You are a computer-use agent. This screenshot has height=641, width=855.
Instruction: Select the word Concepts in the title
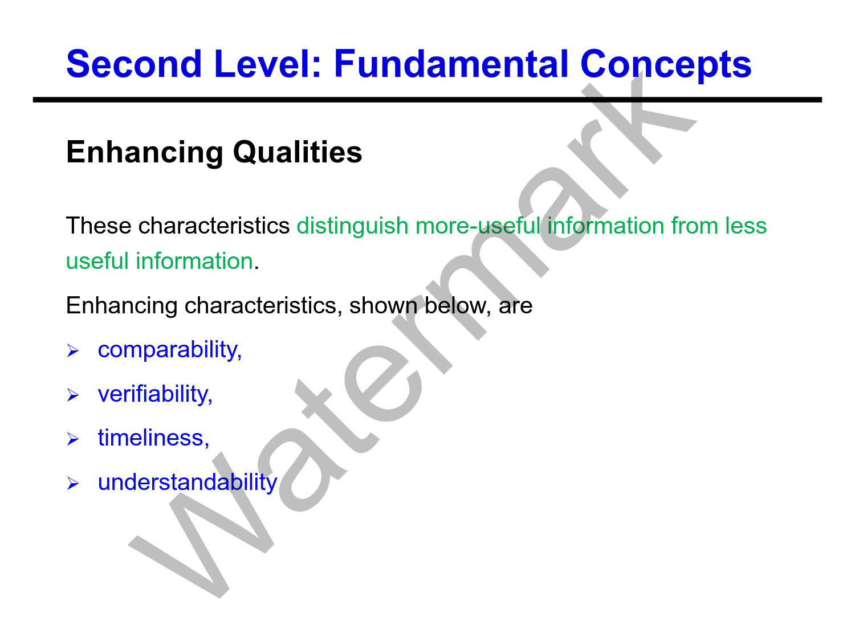point(666,65)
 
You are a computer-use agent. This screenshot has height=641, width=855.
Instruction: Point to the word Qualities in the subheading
point(298,153)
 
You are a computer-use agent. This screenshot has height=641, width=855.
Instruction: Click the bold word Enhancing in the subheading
point(145,153)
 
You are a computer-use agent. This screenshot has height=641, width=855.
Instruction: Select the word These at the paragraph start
point(99,226)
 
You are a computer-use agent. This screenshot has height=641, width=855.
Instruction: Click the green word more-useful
point(478,226)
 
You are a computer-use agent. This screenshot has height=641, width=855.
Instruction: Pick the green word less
point(746,226)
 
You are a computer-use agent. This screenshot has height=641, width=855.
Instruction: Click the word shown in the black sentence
point(383,305)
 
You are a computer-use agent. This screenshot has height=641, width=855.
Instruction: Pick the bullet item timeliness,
point(153,438)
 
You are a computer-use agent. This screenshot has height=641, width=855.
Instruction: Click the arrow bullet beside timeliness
point(73,439)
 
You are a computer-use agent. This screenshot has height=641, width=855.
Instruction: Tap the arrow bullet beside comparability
point(73,350)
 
